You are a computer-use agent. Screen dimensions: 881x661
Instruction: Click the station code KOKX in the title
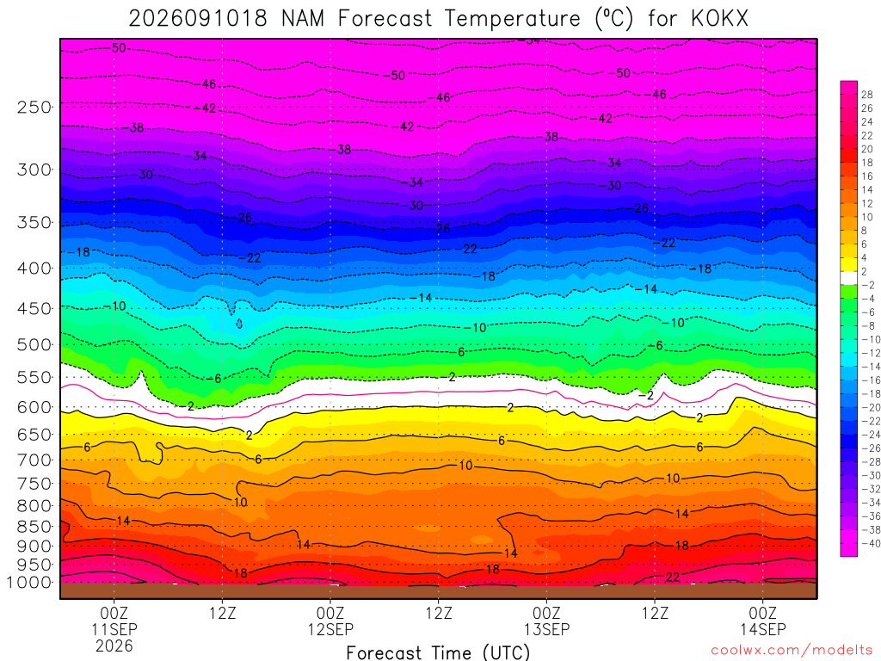720,19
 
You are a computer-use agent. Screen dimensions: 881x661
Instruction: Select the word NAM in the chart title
303,19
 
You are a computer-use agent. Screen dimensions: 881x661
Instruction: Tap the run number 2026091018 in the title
198,19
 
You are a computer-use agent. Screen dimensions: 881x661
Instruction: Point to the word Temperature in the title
513,19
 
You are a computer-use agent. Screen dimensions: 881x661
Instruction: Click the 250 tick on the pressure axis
34,107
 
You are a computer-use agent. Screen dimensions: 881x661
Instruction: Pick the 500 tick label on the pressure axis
34,344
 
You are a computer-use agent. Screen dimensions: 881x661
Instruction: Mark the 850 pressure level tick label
34,527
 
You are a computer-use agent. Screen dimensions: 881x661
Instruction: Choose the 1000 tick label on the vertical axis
30,583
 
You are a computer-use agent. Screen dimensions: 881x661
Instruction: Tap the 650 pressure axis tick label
34,435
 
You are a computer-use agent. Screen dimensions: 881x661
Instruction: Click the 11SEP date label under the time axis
114,629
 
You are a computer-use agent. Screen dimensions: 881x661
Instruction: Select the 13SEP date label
546,629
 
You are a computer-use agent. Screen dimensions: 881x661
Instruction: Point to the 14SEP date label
762,629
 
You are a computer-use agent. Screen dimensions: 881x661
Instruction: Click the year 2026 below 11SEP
114,646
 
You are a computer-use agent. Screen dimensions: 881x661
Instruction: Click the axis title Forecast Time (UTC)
438,652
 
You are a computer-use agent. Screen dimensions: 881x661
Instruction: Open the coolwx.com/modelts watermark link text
792,651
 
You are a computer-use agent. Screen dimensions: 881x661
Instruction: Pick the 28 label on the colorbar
867,95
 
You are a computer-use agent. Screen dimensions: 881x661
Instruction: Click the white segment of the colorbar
849,278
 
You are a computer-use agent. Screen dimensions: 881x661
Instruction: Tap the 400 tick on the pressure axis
34,269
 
